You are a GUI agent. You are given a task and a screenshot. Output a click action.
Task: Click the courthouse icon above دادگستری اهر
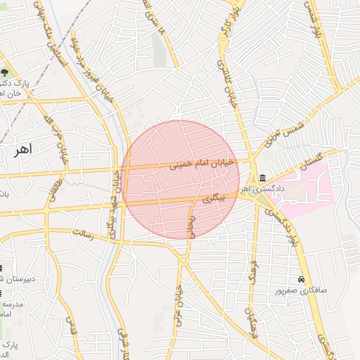click(x=262, y=178)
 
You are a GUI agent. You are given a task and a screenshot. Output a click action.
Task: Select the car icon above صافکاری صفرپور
click(x=302, y=280)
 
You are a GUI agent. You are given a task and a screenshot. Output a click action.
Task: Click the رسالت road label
click(x=83, y=231)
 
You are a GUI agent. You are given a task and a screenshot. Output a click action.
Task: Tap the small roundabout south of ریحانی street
click(x=182, y=261)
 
